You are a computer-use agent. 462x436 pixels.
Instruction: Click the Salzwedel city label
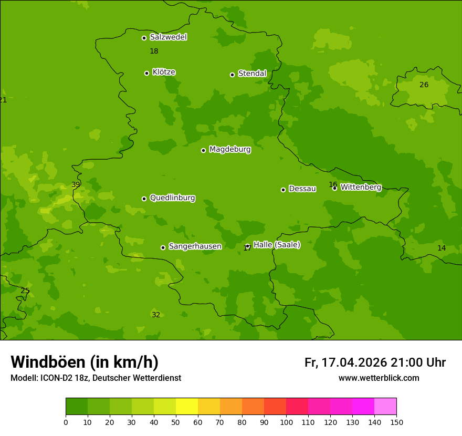168,37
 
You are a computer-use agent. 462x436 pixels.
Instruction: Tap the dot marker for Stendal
232,75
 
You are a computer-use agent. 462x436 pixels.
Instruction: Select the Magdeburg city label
229,150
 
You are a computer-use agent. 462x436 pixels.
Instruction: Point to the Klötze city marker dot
146,73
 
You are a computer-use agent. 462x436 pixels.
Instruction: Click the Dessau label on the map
302,189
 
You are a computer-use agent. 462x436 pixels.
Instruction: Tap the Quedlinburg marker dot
144,199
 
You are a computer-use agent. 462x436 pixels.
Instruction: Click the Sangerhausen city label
195,246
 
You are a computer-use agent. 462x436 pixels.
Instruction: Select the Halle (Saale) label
277,245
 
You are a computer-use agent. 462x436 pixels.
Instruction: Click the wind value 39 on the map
76,185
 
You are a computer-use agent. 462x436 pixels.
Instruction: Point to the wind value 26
424,85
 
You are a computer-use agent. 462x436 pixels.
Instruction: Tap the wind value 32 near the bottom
156,315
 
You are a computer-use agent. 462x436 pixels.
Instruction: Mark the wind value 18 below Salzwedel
154,51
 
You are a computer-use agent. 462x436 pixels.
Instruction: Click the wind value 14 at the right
442,248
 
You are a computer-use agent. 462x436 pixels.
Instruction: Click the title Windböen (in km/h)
85,362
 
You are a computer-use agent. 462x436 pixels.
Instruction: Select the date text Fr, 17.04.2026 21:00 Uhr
375,362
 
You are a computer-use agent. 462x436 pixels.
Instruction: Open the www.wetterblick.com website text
379,378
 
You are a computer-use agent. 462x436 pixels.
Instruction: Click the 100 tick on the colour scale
286,422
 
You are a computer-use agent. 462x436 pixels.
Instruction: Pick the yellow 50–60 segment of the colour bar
187,407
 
